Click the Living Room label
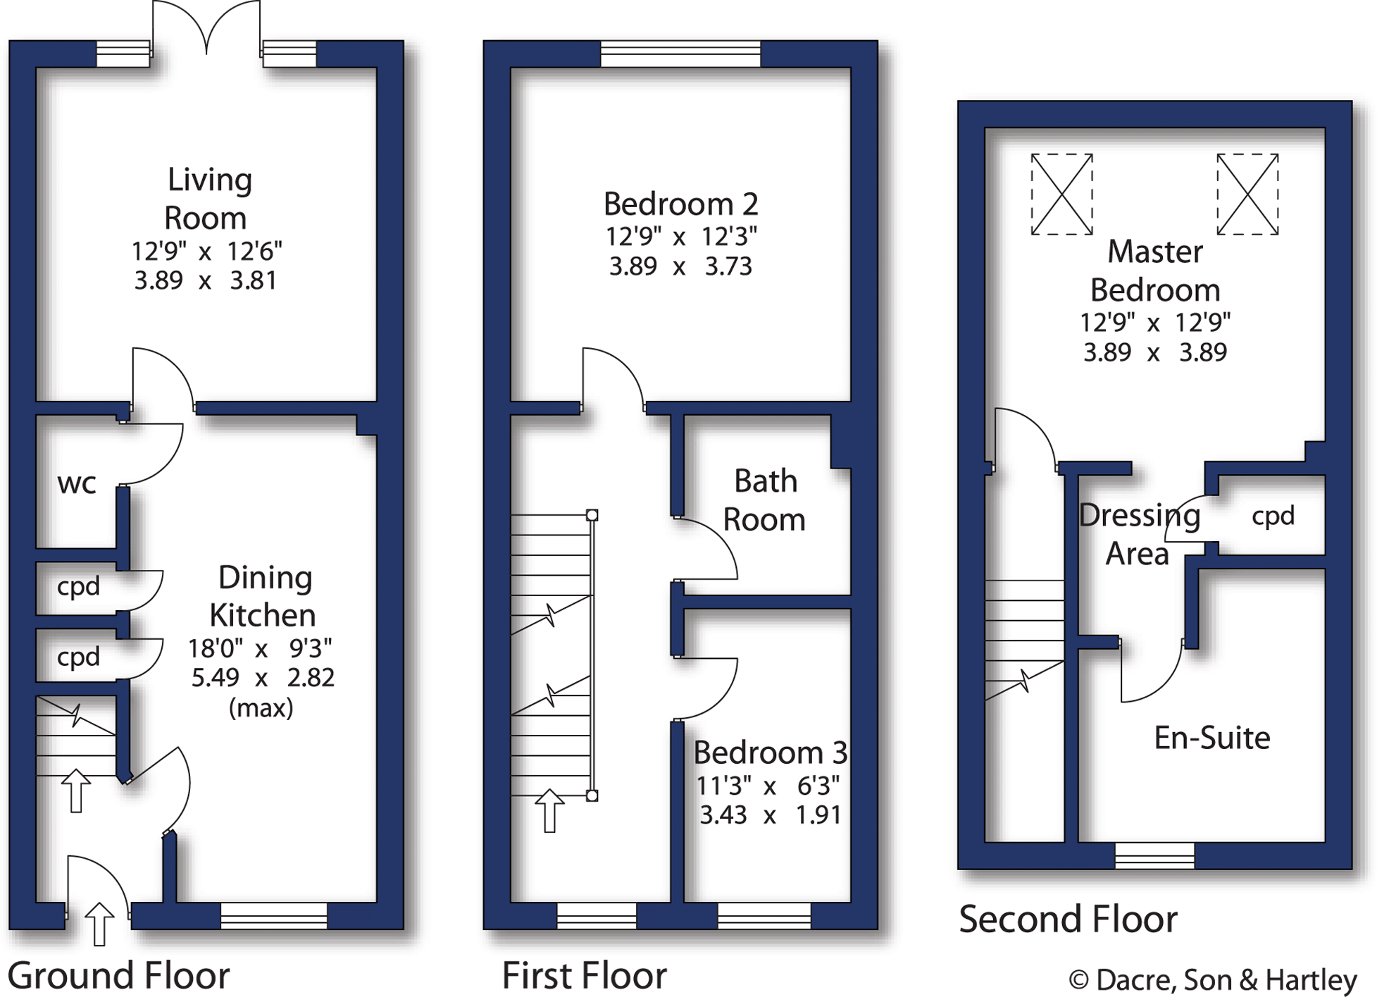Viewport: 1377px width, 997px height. click(x=208, y=199)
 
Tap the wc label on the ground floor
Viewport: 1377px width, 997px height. click(x=77, y=483)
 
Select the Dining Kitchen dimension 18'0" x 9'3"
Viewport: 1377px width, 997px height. click(x=261, y=647)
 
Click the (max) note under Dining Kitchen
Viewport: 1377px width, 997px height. click(x=261, y=707)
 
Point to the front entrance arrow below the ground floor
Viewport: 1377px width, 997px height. click(x=99, y=924)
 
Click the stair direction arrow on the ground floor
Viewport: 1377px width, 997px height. click(x=76, y=791)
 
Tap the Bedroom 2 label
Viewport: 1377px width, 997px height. click(x=680, y=204)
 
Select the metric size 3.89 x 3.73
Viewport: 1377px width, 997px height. click(x=680, y=266)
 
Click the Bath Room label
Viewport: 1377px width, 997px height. click(x=765, y=500)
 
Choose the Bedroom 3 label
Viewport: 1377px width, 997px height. click(x=770, y=753)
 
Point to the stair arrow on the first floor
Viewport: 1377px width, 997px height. click(x=550, y=810)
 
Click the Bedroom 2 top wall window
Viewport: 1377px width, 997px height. click(x=680, y=54)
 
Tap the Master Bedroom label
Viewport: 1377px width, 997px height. click(x=1155, y=271)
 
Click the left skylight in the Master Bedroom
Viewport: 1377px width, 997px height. click(x=1061, y=194)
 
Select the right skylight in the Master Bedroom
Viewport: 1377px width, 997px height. click(x=1247, y=194)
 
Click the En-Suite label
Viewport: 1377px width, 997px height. click(x=1211, y=738)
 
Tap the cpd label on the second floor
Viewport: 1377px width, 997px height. click(x=1273, y=516)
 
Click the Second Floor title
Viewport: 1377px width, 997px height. click(x=1068, y=919)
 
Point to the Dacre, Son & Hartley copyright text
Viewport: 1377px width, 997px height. click(x=1213, y=979)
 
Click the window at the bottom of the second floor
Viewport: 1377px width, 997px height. click(x=1154, y=855)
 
